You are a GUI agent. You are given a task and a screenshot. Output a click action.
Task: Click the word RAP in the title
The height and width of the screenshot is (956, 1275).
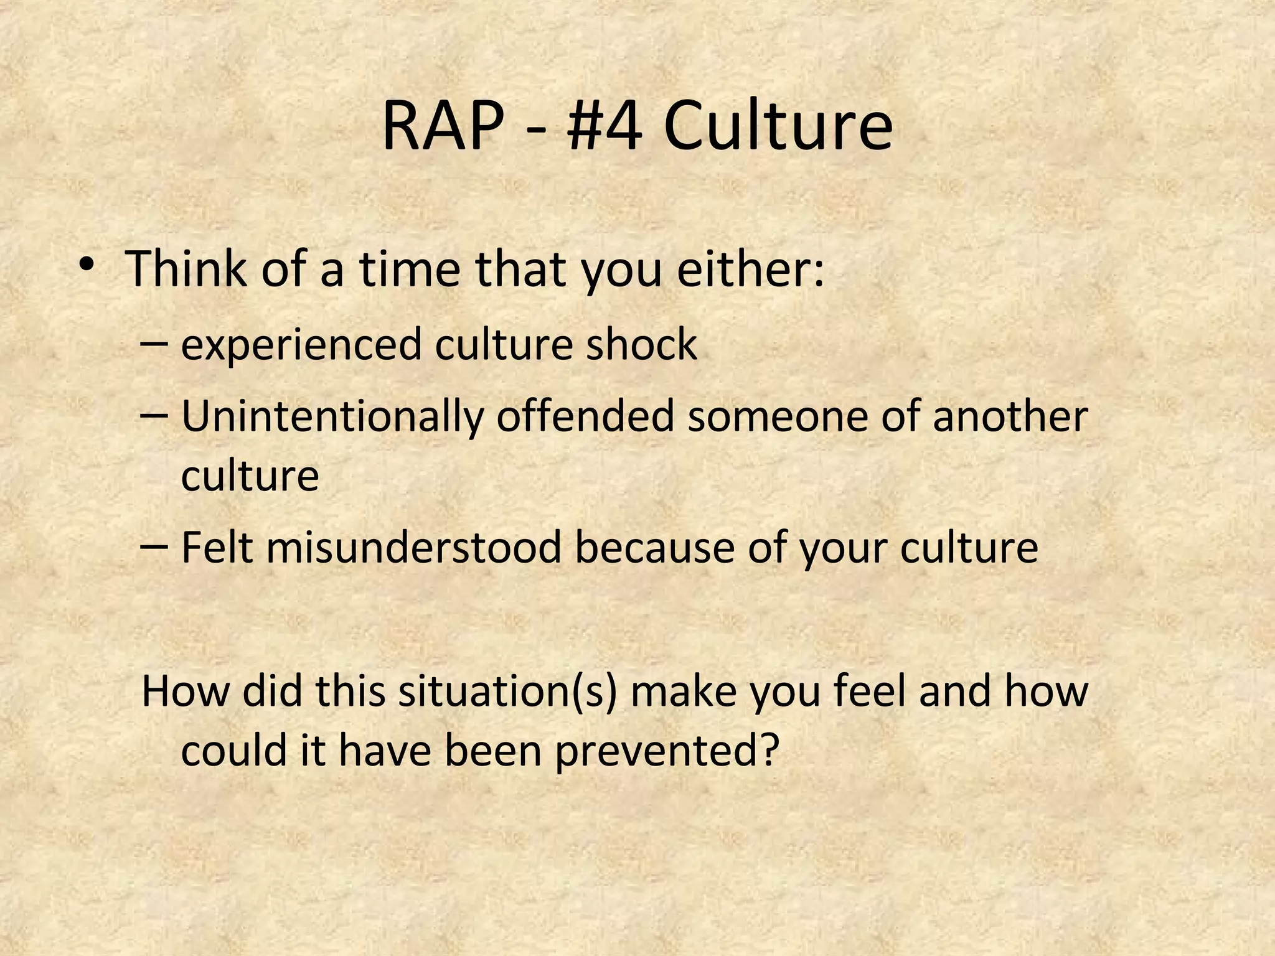click(x=443, y=128)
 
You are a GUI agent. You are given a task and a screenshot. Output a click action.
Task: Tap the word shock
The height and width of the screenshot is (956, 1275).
click(x=641, y=344)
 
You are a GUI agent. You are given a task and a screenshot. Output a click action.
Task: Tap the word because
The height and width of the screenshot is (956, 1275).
click(x=654, y=548)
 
